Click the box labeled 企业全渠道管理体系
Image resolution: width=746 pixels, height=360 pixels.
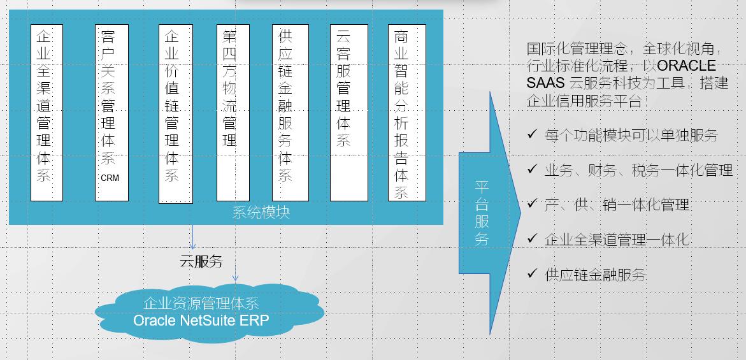[47, 112]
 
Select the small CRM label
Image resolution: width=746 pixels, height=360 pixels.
[110, 178]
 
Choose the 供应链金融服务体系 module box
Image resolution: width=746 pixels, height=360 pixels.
[290, 112]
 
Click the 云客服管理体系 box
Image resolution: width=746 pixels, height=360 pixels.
[348, 112]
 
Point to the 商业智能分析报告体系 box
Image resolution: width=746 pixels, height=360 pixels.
[406, 112]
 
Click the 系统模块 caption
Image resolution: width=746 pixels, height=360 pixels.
[261, 213]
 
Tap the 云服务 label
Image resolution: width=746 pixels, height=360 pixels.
[201, 261]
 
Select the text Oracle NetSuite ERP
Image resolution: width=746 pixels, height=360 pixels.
[201, 320]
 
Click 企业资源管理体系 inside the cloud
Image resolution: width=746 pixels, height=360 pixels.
[201, 303]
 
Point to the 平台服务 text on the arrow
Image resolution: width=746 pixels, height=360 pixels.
[482, 213]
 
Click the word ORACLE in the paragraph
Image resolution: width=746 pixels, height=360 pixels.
[686, 66]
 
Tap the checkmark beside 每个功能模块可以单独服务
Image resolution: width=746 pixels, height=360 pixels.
[532, 134]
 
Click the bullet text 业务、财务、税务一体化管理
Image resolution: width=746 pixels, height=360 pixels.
[638, 170]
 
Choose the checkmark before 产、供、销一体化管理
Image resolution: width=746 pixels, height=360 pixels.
[532, 204]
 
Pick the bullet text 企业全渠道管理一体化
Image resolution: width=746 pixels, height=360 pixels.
[617, 240]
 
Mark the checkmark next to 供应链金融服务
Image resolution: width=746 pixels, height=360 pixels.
[532, 273]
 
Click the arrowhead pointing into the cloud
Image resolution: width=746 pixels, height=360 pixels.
[235, 278]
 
